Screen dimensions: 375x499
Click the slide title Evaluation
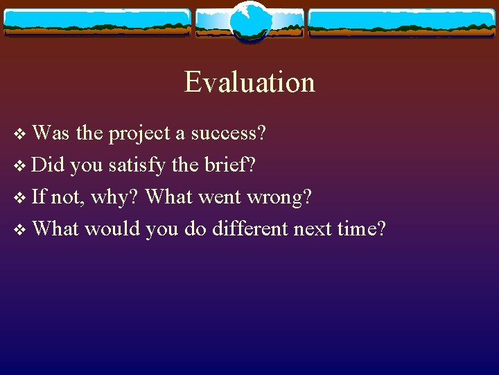click(249, 82)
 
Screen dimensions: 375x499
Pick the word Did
click(48, 165)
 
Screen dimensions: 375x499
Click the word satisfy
click(136, 165)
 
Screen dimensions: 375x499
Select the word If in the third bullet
click(39, 197)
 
